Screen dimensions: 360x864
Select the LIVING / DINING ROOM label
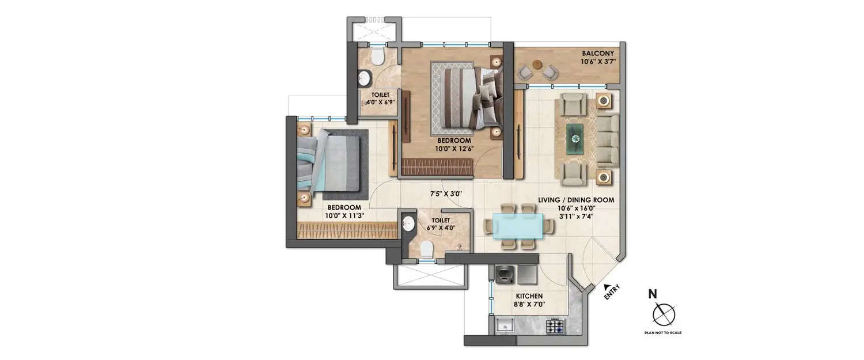[576, 200]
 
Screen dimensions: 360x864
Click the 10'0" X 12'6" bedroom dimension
[454, 149]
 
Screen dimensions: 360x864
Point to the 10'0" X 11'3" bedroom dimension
[344, 215]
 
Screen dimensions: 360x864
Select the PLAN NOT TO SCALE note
[663, 333]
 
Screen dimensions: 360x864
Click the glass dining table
[516, 226]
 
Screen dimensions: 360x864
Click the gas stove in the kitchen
[555, 327]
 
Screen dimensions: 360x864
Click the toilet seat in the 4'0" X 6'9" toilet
[378, 56]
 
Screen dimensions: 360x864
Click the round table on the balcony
[537, 65]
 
